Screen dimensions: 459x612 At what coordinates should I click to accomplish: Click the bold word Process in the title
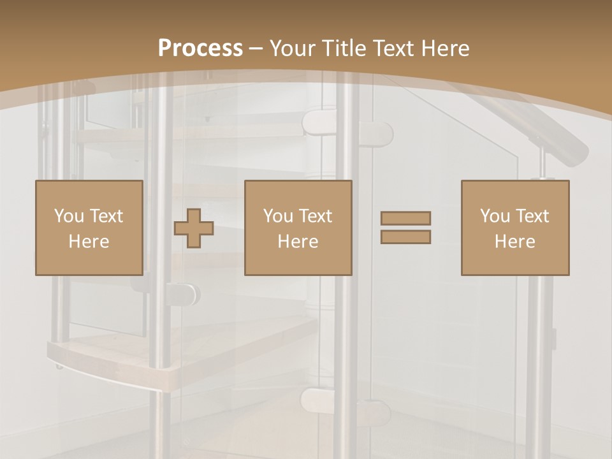coord(200,48)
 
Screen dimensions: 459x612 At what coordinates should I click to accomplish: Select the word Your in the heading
coord(293,48)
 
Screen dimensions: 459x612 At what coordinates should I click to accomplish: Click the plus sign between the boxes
coord(194,228)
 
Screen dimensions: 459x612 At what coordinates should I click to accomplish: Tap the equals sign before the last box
coord(405,228)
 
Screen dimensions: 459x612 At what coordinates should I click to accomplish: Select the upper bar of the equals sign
coord(405,218)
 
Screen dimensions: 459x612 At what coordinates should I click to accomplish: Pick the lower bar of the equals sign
coord(405,237)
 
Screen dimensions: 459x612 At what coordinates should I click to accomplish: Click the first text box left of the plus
coord(89,228)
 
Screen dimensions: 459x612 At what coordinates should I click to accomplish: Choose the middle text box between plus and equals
coord(298,228)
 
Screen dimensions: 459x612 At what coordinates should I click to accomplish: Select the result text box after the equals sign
coord(514,228)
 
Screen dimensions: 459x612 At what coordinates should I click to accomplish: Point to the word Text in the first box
coord(107,216)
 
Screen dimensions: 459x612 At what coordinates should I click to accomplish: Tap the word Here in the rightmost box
coord(514,241)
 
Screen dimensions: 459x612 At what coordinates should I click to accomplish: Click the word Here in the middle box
coord(298,241)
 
